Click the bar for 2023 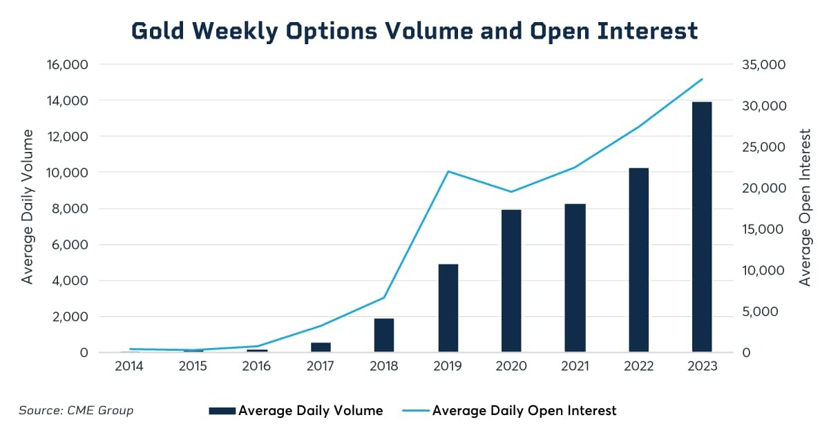702,227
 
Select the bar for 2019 448,308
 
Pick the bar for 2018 384,335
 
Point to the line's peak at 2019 448,171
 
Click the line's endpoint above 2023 702,79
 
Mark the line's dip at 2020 511,191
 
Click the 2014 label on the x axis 129,367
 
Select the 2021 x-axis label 575,367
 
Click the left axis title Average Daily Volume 28,206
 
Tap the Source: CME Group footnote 76,410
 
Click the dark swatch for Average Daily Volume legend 222,411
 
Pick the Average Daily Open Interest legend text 524,411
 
